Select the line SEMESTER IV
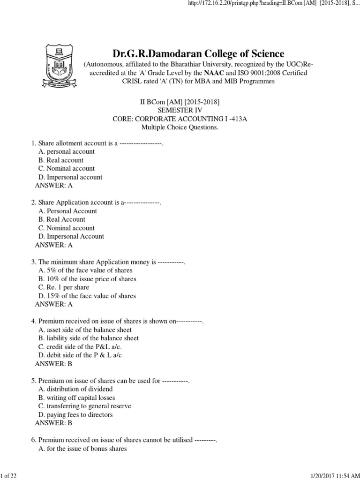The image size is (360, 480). pyautogui.click(x=180, y=110)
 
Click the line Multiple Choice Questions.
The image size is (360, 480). pyautogui.click(x=180, y=127)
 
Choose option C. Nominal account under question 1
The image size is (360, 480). pyautogui.click(x=67, y=168)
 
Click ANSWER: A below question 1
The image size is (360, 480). pyautogui.click(x=54, y=185)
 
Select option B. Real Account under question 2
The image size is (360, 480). pyautogui.click(x=62, y=219)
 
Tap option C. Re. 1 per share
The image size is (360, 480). pyautogui.click(x=64, y=287)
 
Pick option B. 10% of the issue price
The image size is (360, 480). pyautogui.click(x=87, y=279)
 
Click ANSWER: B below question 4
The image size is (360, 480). pyautogui.click(x=54, y=363)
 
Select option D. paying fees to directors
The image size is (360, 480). pyautogui.click(x=75, y=414)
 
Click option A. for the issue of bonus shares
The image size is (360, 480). pyautogui.click(x=82, y=449)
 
